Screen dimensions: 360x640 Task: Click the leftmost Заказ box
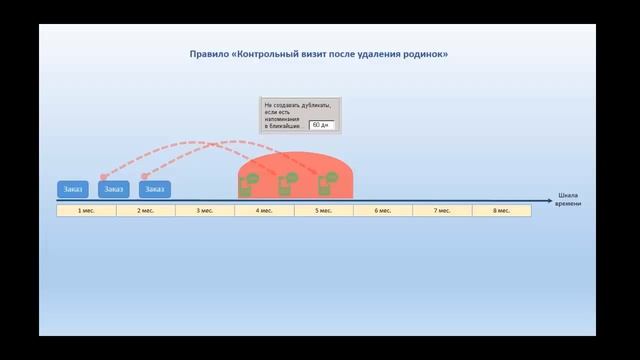(72, 189)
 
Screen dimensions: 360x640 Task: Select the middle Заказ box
(114, 189)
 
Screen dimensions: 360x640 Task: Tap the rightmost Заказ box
(155, 189)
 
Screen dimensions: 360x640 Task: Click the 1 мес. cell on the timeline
(86, 211)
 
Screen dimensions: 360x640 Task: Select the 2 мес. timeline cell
(146, 211)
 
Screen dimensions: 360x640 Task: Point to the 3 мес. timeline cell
(205, 211)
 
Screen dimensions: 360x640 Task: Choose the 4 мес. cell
(264, 211)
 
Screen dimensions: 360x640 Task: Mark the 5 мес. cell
(323, 211)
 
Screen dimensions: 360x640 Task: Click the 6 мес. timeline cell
(383, 211)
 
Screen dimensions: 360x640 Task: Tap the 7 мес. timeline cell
(442, 211)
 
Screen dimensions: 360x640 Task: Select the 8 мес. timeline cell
(501, 211)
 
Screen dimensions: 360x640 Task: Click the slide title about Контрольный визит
(319, 53)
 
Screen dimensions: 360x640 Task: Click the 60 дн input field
(321, 126)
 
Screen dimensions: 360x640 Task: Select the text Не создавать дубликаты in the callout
(297, 104)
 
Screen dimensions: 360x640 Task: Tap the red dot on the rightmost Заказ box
(143, 176)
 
